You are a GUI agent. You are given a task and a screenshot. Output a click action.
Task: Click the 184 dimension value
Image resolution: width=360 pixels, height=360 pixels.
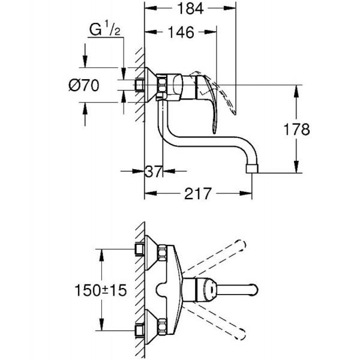pyautogui.click(x=191, y=9)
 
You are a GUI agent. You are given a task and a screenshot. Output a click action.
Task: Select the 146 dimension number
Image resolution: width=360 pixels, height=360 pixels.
pyautogui.click(x=181, y=32)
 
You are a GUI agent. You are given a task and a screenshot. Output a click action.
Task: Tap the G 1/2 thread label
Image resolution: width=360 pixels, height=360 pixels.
pyautogui.click(x=104, y=28)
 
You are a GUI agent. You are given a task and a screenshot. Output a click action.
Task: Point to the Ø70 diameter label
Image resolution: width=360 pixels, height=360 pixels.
pyautogui.click(x=84, y=85)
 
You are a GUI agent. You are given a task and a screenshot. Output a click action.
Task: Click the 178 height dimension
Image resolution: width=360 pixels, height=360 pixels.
pyautogui.click(x=297, y=129)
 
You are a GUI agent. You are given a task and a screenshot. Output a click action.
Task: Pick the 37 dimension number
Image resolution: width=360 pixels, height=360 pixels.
pyautogui.click(x=153, y=171)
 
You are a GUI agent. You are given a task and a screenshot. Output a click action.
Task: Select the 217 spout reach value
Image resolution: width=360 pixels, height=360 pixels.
pyautogui.click(x=197, y=193)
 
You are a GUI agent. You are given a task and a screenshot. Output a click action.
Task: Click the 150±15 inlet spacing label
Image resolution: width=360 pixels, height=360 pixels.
pyautogui.click(x=101, y=290)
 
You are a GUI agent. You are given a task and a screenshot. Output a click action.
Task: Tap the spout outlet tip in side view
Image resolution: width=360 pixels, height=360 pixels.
pyautogui.click(x=252, y=169)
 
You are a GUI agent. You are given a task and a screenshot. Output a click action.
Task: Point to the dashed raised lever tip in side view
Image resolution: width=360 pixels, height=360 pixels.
pyautogui.click(x=234, y=112)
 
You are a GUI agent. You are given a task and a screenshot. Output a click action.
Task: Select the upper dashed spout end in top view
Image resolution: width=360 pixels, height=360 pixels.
pyautogui.click(x=241, y=245)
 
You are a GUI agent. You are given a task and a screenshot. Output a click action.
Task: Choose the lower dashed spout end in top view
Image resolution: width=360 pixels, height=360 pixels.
pyautogui.click(x=241, y=335)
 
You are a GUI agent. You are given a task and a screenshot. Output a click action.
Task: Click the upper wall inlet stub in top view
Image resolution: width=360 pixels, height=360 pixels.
pyautogui.click(x=140, y=249)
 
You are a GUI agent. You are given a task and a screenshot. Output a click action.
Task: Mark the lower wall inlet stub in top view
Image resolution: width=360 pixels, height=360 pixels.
pyautogui.click(x=140, y=331)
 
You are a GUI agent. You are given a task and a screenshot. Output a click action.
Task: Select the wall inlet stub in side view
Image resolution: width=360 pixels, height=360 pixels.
pyautogui.click(x=139, y=85)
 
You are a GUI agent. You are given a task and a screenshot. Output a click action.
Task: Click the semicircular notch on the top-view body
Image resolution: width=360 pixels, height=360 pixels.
pyautogui.click(x=162, y=290)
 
